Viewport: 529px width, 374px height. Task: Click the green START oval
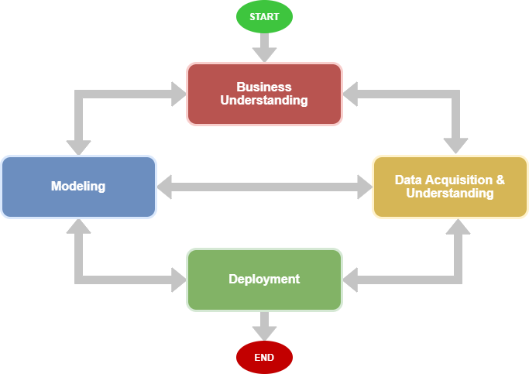(264, 17)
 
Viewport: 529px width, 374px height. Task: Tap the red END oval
(264, 358)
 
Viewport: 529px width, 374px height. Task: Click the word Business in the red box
(264, 87)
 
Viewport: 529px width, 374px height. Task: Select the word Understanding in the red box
(264, 100)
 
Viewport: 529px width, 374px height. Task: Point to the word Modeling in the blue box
(78, 187)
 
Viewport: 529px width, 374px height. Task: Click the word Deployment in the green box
(264, 279)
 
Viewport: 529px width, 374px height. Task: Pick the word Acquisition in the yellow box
(455, 180)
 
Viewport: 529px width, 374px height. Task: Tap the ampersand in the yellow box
(500, 180)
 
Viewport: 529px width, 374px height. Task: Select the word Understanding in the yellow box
(449, 193)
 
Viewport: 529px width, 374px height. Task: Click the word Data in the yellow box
(409, 180)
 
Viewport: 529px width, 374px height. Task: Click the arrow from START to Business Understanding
(264, 48)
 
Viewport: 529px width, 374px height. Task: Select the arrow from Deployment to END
(264, 326)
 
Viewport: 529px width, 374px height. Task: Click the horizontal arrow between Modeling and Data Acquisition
(264, 187)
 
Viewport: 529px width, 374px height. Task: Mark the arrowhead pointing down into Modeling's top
(78, 146)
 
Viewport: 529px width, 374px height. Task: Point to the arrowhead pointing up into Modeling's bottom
(78, 227)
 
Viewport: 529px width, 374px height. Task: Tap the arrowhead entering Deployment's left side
(177, 280)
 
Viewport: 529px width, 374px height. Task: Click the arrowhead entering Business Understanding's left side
(177, 94)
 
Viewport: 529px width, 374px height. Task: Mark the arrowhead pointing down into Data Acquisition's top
(456, 146)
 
